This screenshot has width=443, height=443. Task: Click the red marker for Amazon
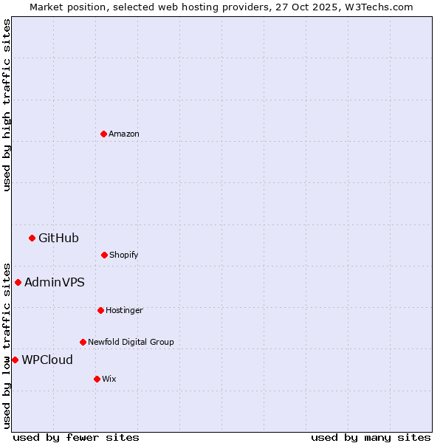tap(103, 134)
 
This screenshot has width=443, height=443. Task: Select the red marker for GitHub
tap(32, 238)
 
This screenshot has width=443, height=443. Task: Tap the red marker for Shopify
tap(104, 255)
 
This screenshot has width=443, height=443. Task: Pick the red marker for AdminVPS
tap(18, 282)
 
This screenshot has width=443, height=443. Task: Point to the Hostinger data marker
tap(100, 310)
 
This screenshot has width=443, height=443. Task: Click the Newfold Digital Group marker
tap(83, 342)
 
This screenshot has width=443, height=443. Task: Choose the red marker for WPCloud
tap(15, 360)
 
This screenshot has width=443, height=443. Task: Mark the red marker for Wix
tap(97, 379)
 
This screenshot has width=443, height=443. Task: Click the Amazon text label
tap(124, 134)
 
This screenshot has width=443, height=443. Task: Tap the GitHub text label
tap(58, 238)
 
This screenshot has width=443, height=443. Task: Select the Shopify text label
tap(124, 255)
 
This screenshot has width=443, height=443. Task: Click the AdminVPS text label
tap(55, 282)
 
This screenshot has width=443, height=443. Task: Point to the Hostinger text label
tap(124, 310)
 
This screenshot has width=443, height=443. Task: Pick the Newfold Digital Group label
tap(131, 342)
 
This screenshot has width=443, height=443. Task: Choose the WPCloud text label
tap(47, 360)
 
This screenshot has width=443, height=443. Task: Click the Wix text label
tap(109, 379)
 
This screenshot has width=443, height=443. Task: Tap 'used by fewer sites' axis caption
tap(75, 437)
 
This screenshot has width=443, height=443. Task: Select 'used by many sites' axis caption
tap(371, 437)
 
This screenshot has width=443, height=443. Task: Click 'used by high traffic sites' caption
tap(7, 105)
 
